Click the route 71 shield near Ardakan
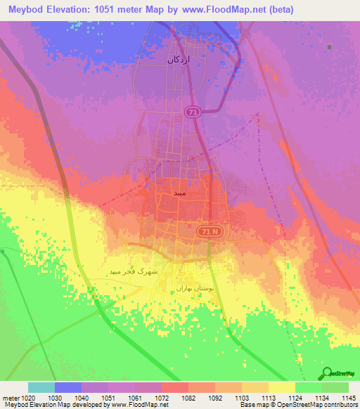tap(193, 112)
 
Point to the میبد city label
tap(181, 192)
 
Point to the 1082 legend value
tap(188, 397)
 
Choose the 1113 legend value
tap(268, 397)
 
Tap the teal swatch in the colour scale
tap(41, 387)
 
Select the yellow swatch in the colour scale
tap(281, 387)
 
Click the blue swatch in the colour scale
tap(68, 387)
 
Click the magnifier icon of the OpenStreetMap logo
tap(326, 373)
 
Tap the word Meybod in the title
tap(26, 10)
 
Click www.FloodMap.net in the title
tap(226, 10)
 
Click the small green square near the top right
tap(329, 46)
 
